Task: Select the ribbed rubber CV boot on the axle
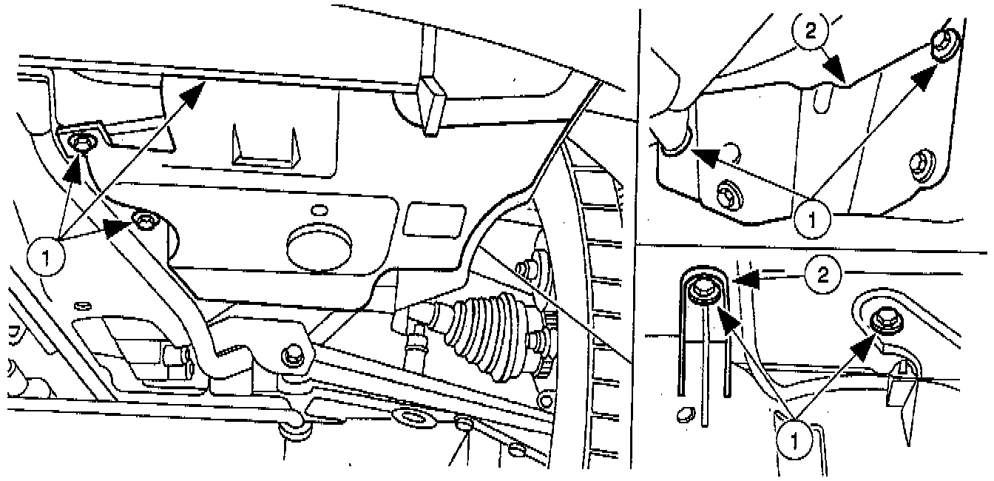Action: (x=484, y=328)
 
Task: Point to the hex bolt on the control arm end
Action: (x=291, y=355)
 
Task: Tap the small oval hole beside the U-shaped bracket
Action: (x=685, y=412)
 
